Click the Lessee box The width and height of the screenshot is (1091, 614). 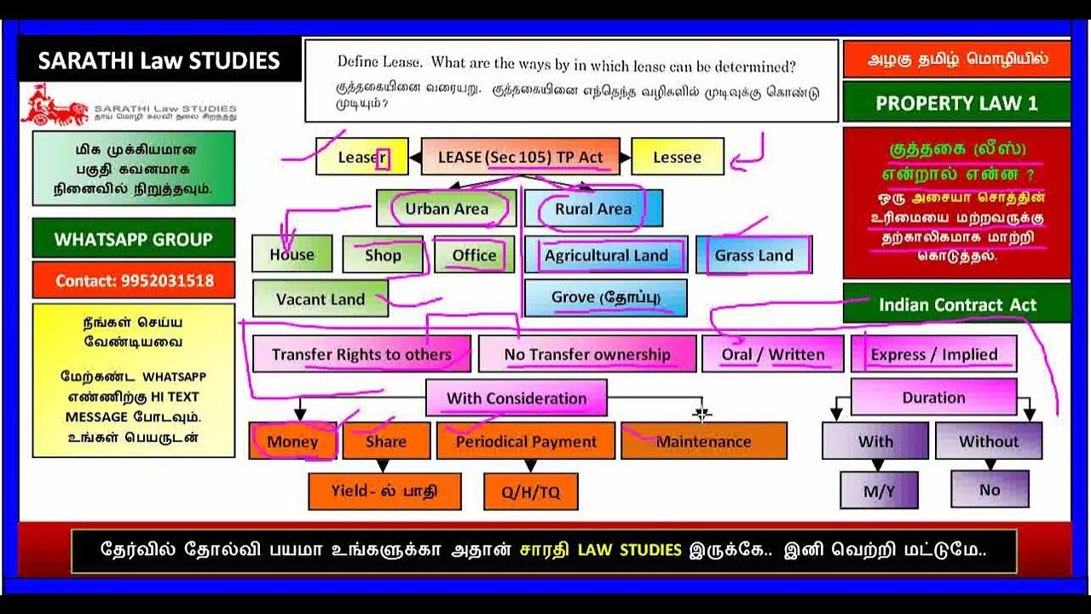click(x=677, y=158)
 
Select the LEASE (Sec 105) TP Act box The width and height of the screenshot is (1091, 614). click(x=520, y=158)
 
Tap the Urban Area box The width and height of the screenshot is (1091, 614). click(x=447, y=209)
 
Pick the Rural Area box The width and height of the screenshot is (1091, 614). click(x=593, y=209)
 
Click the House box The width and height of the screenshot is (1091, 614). click(x=292, y=255)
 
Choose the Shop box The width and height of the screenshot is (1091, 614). click(x=383, y=255)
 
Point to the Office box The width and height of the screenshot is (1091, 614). click(x=474, y=255)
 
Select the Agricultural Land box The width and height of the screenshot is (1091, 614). click(x=606, y=255)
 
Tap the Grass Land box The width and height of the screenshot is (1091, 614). click(x=753, y=255)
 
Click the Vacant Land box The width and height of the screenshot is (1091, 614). click(x=320, y=299)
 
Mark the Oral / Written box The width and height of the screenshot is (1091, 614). click(x=773, y=355)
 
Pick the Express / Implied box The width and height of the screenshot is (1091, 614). click(x=933, y=355)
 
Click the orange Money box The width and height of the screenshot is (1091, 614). click(x=292, y=442)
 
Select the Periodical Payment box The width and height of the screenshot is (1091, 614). click(x=526, y=442)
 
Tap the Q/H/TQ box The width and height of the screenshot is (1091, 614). click(x=530, y=492)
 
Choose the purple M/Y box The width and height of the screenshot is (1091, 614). click(x=879, y=490)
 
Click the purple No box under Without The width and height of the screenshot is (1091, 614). click(x=990, y=489)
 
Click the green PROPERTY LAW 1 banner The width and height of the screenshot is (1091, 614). click(x=956, y=103)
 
